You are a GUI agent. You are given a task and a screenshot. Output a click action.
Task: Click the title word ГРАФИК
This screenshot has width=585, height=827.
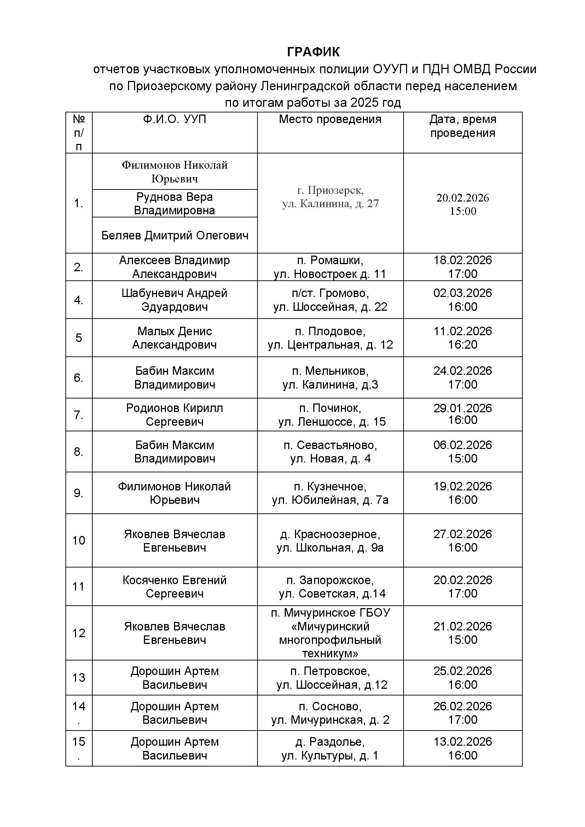tap(313, 52)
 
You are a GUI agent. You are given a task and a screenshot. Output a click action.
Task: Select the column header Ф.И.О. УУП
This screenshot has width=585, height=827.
tap(174, 119)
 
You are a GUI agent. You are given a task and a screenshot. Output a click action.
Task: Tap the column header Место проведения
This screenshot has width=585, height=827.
tap(330, 119)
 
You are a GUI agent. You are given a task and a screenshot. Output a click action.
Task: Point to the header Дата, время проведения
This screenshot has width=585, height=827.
tap(463, 126)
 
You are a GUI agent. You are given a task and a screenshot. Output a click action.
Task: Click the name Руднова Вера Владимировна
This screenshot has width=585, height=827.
tap(174, 204)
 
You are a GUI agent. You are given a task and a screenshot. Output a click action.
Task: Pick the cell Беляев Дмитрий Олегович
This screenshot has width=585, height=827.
tap(175, 235)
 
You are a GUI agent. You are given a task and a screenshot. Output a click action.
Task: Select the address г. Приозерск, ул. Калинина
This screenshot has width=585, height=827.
tap(330, 197)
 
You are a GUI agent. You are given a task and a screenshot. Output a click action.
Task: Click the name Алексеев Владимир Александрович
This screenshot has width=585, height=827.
tap(174, 267)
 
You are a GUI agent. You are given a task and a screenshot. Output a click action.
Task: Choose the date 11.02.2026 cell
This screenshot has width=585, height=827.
tap(463, 338)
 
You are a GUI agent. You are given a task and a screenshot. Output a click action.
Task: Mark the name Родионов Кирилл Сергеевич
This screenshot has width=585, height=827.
tap(174, 415)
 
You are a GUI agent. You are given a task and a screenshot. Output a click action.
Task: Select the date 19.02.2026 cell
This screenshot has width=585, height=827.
tap(463, 493)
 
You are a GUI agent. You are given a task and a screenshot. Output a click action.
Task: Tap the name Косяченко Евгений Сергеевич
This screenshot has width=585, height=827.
tap(174, 586)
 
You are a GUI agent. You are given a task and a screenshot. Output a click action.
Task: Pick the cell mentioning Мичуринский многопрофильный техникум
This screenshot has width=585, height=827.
tap(330, 633)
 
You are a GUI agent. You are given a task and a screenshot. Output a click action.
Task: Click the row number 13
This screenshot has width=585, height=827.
tap(79, 677)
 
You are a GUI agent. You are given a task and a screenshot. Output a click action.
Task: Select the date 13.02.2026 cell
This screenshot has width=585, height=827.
tap(463, 748)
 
